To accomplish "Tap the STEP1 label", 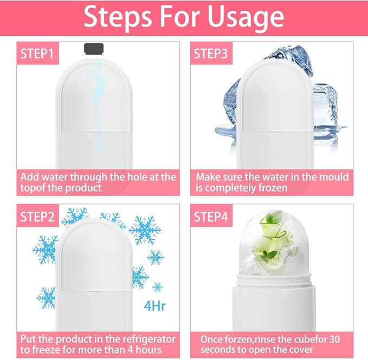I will pyautogui.click(x=37, y=54).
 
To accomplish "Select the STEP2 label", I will pyautogui.click(x=37, y=217).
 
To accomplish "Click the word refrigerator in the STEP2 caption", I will pyautogui.click(x=145, y=339).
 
